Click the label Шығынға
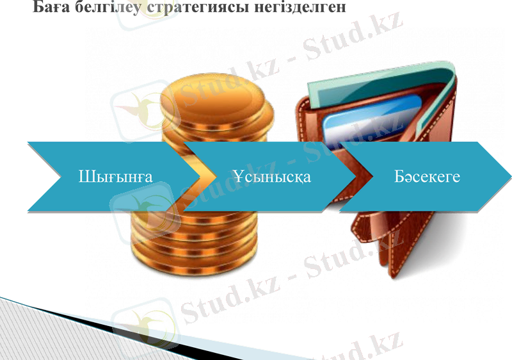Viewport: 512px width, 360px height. (x=115, y=177)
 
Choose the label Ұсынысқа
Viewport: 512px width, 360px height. (x=271, y=177)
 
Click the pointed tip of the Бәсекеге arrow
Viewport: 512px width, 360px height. (x=510, y=176)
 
